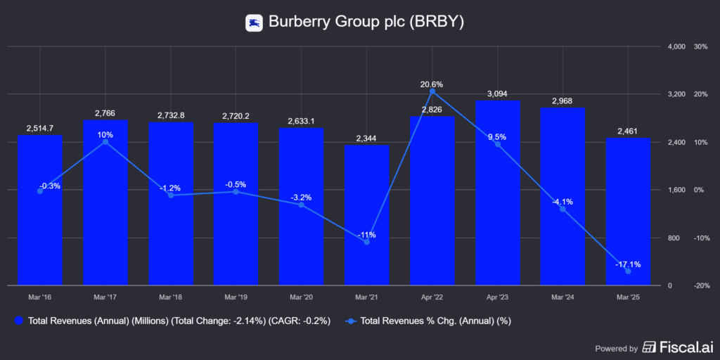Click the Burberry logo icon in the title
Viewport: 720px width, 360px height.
coord(254,22)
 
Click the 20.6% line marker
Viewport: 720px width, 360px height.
coord(432,91)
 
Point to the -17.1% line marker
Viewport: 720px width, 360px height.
coord(628,271)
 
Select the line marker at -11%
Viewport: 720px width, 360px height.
coord(366,242)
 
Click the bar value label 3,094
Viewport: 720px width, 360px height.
coord(497,94)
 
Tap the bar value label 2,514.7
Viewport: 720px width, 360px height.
coord(40,128)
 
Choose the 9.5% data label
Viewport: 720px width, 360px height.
coord(497,137)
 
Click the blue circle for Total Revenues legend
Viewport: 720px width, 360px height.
coord(19,321)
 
